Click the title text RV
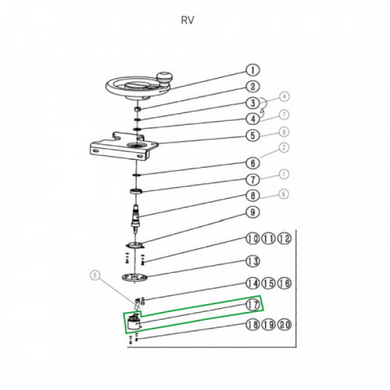pos(188,19)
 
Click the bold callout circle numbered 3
pos(252,103)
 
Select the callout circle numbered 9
pos(252,212)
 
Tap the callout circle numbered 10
pos(252,239)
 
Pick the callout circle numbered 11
pos(267,239)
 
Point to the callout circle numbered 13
pos(252,261)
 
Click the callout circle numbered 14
pos(252,283)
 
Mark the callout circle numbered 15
pos(267,283)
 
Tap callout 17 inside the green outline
pos(252,304)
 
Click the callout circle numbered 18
pos(252,326)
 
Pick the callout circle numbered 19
pos(267,326)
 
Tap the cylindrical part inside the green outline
pos(135,322)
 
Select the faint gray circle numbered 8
pos(283,132)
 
